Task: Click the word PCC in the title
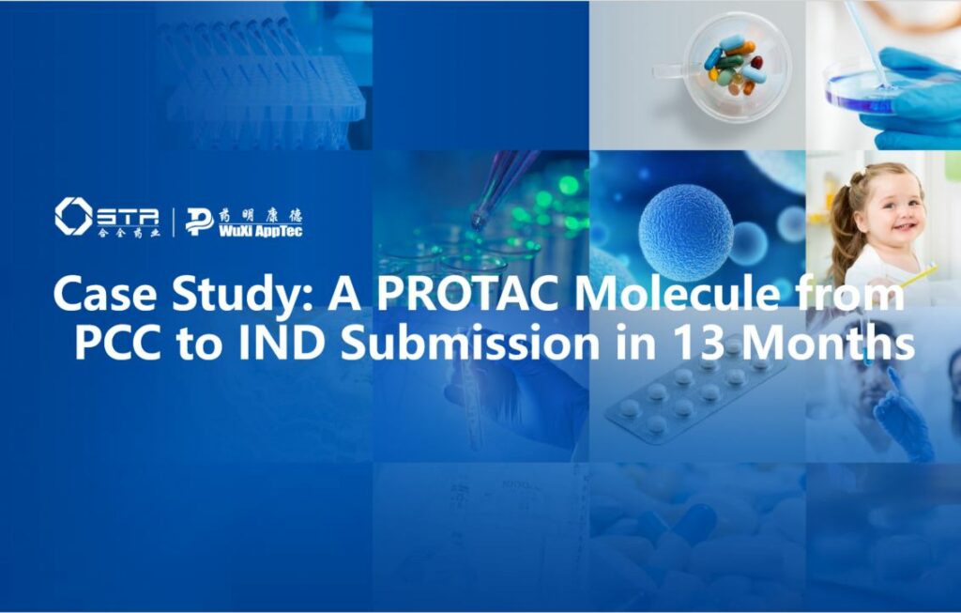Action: pos(122,344)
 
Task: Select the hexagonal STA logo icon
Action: pos(72,216)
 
